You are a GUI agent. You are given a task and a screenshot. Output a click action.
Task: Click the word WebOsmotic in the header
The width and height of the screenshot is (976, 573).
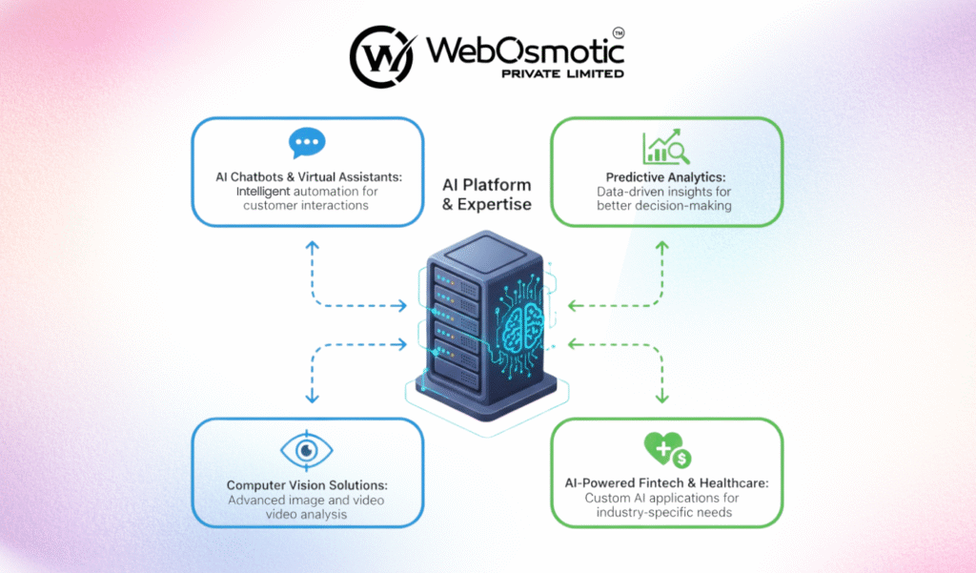516,49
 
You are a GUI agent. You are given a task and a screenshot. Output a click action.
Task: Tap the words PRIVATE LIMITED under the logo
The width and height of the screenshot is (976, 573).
562,73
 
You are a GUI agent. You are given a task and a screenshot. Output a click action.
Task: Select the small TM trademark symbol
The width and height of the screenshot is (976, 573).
618,32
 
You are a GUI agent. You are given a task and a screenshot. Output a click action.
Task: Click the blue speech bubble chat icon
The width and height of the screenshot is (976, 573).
307,144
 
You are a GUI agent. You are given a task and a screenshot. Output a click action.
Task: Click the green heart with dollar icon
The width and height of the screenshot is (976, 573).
666,449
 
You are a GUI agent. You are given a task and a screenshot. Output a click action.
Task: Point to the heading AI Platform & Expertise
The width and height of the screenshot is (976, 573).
487,194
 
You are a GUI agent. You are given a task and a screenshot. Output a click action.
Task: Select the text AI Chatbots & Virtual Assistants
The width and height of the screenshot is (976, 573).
307,176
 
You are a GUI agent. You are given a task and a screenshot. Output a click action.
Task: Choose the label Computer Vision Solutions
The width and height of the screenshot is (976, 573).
307,485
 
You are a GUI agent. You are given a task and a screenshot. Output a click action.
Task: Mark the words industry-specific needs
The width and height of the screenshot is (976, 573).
666,513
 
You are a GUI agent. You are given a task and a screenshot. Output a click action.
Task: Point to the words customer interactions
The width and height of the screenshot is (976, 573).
307,205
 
